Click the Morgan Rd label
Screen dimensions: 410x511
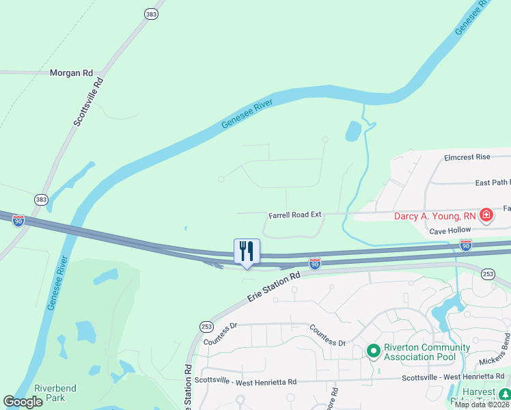click(71, 72)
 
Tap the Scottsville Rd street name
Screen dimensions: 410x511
click(88, 102)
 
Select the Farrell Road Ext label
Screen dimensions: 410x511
click(294, 214)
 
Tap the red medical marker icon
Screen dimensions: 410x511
click(486, 216)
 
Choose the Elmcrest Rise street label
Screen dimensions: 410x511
click(467, 157)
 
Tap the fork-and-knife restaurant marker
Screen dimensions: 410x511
click(247, 251)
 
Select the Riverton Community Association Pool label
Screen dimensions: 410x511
click(427, 352)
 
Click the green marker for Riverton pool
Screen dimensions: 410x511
click(373, 351)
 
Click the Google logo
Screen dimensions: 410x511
click(23, 402)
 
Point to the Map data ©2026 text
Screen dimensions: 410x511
click(482, 405)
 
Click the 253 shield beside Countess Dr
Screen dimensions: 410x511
click(206, 327)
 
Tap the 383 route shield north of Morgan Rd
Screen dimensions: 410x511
click(150, 14)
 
